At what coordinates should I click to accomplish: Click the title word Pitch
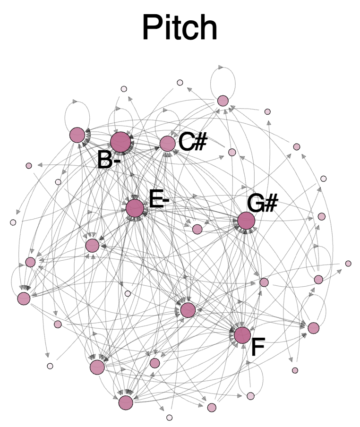(180, 27)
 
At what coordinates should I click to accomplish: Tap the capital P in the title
(151, 27)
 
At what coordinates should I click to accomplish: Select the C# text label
(193, 142)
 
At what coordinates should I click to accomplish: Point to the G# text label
(262, 203)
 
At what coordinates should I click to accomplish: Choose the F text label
(258, 347)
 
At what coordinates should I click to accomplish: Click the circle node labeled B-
(120, 142)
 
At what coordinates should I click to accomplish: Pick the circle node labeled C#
(167, 144)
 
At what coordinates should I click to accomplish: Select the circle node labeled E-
(135, 208)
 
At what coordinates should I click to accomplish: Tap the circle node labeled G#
(246, 221)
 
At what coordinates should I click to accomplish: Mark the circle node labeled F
(242, 335)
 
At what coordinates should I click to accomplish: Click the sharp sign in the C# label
(201, 142)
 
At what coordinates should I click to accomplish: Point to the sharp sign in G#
(271, 203)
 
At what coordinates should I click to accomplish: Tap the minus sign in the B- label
(116, 161)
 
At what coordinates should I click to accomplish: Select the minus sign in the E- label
(165, 200)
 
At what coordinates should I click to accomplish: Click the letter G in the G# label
(256, 204)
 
